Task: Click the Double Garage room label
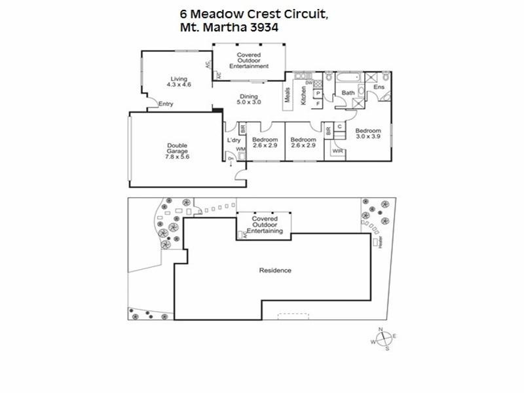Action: pos(176,151)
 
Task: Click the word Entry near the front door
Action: pos(166,103)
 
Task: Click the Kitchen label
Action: pos(303,96)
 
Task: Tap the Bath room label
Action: pos(348,93)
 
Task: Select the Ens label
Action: pos(379,87)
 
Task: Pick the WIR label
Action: pos(337,151)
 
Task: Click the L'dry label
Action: pos(234,140)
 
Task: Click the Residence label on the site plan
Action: pos(275,271)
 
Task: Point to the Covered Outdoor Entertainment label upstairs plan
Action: pos(249,60)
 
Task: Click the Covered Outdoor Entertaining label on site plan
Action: pos(263,225)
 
